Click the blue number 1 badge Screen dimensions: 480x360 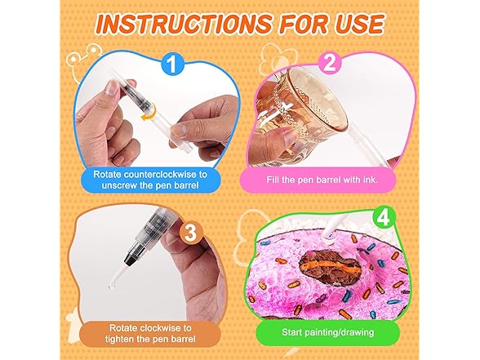[x=173, y=64]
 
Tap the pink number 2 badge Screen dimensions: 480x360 [x=330, y=64]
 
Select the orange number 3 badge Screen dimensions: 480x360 [x=191, y=233]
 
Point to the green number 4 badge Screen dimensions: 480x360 [x=382, y=218]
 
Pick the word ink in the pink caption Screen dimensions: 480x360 [x=370, y=180]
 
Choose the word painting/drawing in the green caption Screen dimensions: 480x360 [x=340, y=332]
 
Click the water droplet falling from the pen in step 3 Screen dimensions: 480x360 [x=111, y=287]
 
